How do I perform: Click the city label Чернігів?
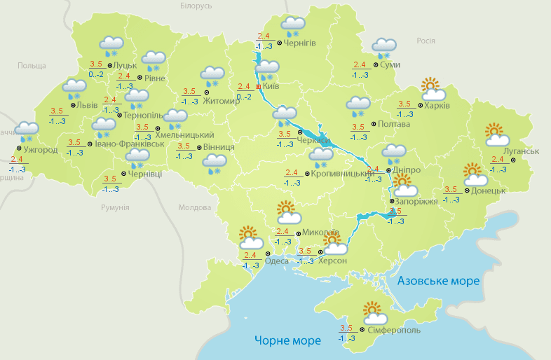[x=300, y=43]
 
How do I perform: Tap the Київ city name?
[x=271, y=86]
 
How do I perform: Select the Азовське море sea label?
[x=438, y=281]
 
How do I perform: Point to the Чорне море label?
[x=287, y=340]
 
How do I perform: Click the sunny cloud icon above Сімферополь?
[x=372, y=311]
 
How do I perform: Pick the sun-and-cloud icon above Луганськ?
[x=496, y=134]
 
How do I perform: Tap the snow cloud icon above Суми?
[x=384, y=48]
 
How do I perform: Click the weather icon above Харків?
[x=433, y=90]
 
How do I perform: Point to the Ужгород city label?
[x=40, y=150]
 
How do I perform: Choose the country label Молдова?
[x=194, y=208]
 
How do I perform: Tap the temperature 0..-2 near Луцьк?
[x=96, y=74]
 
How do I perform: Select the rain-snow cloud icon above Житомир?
[x=212, y=75]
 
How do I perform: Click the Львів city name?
[x=87, y=105]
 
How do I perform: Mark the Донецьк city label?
[x=489, y=191]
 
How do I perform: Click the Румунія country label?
[x=114, y=208]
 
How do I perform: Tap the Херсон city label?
[x=332, y=261]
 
